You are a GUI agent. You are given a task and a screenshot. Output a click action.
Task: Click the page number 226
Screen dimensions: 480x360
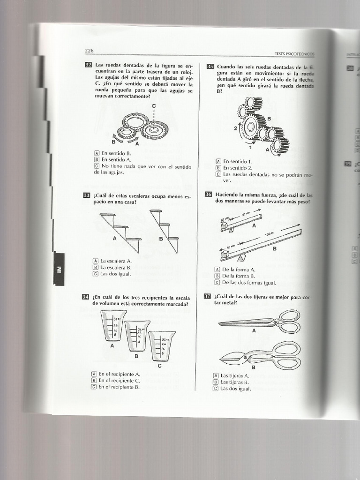point(89,51)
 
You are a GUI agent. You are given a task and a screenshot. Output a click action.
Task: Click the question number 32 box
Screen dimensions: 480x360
point(89,65)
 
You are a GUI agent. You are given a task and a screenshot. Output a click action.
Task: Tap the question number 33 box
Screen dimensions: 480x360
point(87,195)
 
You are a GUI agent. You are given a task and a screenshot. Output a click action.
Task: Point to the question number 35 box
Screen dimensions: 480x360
point(210,67)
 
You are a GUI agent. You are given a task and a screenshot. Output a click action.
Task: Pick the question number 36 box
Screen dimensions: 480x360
point(209,195)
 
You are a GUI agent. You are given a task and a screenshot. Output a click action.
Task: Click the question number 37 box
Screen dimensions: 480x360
point(208,296)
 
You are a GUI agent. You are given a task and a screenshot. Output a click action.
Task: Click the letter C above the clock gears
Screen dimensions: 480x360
point(153,106)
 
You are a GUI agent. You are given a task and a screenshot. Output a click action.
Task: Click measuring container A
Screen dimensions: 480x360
point(113,325)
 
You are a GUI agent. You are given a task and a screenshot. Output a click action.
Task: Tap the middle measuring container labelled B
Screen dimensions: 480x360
point(137,335)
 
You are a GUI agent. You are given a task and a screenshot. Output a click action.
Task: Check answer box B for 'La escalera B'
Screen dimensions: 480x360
point(96,268)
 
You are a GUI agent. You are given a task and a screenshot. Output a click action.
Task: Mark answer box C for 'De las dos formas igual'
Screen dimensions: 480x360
point(217,283)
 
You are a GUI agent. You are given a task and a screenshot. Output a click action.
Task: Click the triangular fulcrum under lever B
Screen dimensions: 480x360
point(241,258)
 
